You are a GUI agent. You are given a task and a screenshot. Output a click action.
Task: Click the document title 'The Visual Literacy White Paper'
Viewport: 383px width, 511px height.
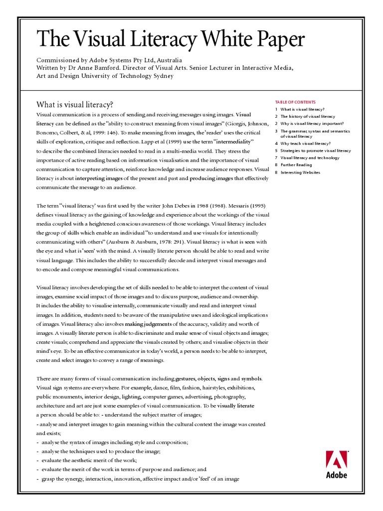pyautogui.click(x=171, y=39)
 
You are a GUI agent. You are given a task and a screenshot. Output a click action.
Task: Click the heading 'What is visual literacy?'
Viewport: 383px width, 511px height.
pyautogui.click(x=75, y=105)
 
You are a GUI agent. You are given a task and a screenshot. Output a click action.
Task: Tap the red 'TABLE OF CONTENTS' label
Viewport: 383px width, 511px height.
pyautogui.click(x=295, y=102)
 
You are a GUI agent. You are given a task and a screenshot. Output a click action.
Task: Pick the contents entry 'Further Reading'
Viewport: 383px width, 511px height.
pyautogui.click(x=296, y=165)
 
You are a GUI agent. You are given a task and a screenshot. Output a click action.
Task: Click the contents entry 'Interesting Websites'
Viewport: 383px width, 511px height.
pyautogui.click(x=300, y=172)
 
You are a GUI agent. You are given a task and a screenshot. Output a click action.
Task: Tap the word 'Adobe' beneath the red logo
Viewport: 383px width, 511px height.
pyautogui.click(x=336, y=475)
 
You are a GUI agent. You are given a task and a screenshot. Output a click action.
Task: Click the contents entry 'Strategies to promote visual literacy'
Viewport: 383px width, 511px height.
pyautogui.click(x=315, y=150)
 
